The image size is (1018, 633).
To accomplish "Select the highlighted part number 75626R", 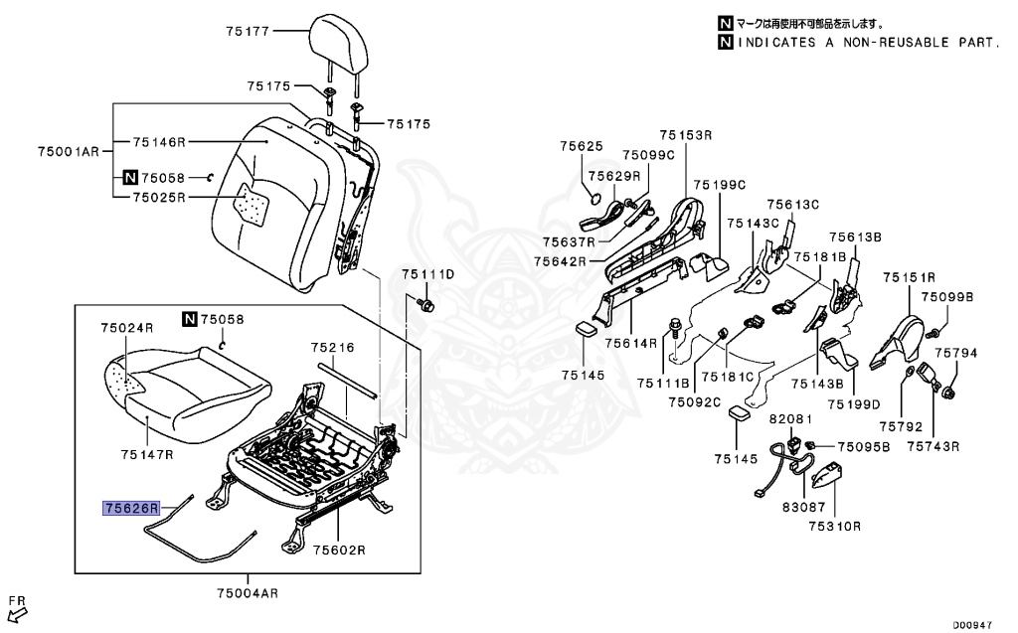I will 131,508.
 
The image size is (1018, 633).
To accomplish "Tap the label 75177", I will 248,31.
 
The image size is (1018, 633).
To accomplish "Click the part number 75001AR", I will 69,151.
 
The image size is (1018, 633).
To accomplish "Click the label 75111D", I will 427,273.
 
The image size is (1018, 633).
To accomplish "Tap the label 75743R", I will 933,446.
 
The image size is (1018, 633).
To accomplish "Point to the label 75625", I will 581,146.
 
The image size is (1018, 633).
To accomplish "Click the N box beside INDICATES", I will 725,43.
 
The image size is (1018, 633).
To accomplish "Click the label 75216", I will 332,348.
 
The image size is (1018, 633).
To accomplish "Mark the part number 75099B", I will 946,297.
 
